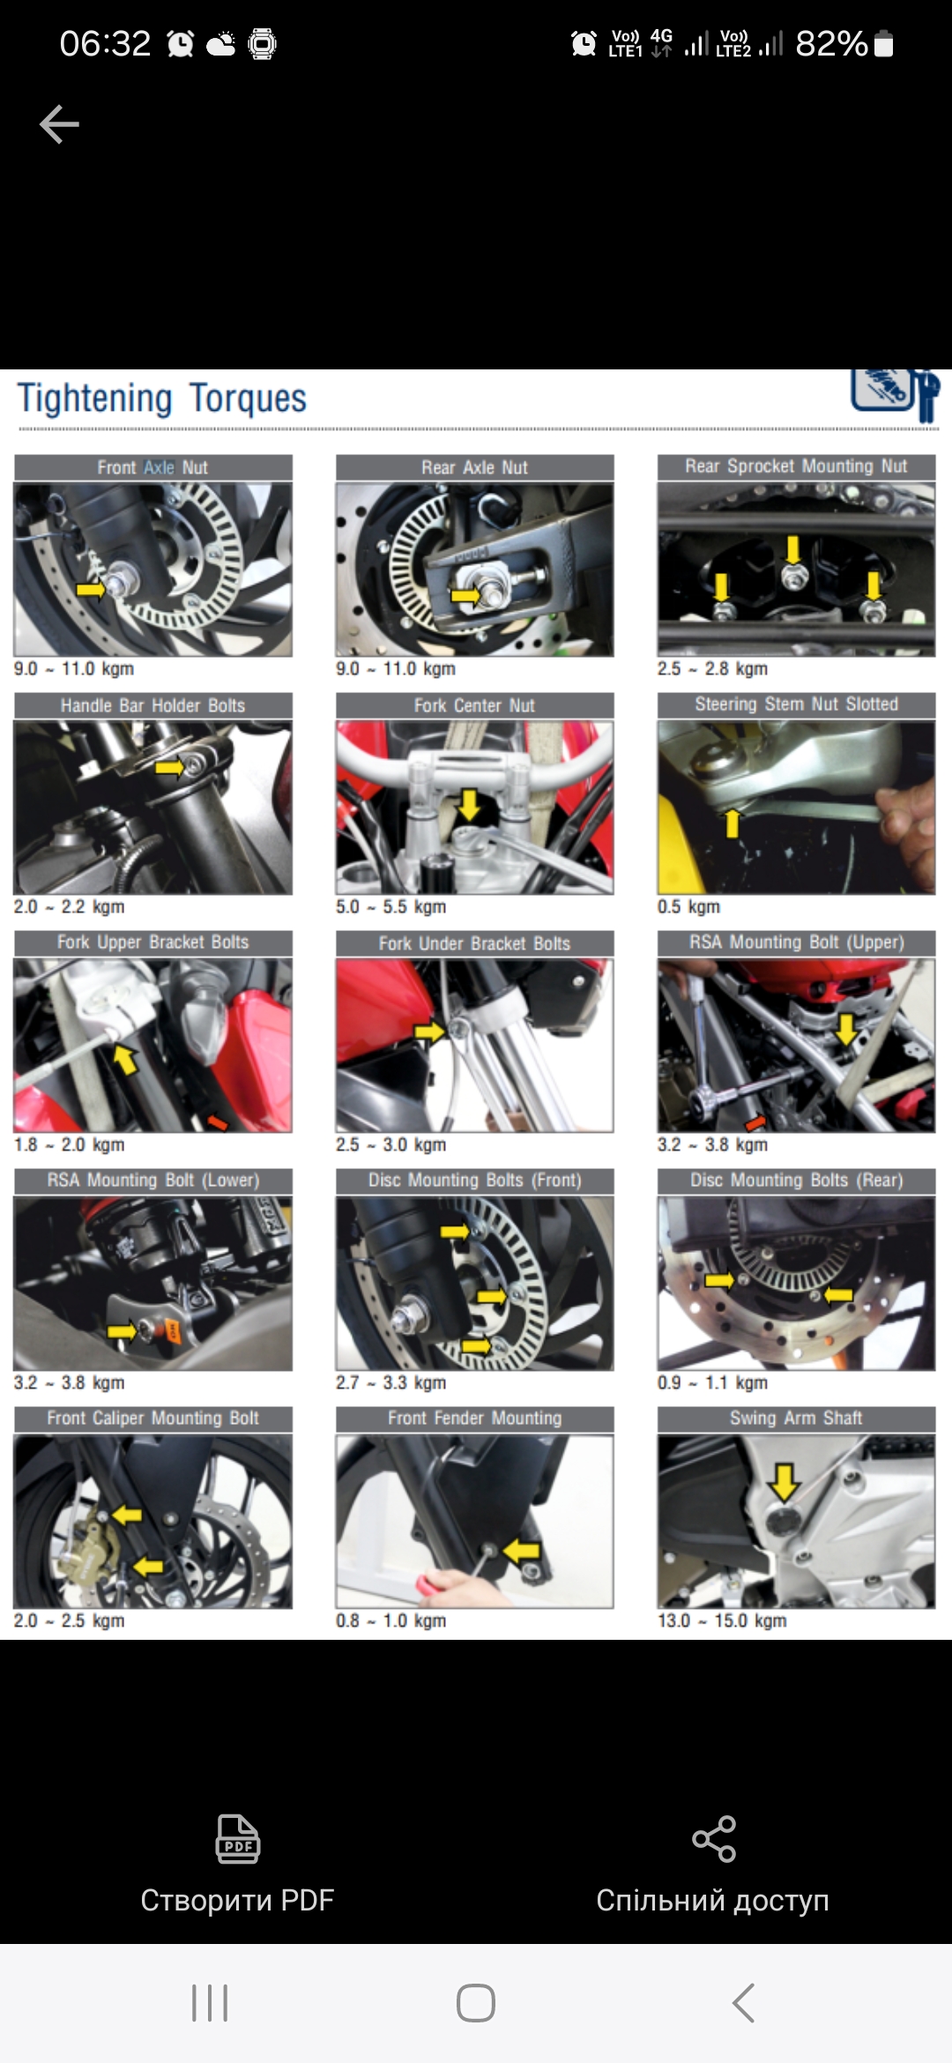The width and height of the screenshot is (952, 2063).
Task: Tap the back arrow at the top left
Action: pos(59,124)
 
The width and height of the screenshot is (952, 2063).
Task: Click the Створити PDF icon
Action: pos(238,1838)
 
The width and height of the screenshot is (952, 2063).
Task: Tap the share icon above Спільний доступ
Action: pos(714,1838)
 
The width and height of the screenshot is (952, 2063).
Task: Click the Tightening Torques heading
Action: pos(162,398)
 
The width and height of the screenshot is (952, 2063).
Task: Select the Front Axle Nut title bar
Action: pos(152,467)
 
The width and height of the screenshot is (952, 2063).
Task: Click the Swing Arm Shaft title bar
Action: pos(796,1418)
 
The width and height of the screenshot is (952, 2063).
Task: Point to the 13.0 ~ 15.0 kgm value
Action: pos(722,1620)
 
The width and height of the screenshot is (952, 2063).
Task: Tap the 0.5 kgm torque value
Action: pos(688,906)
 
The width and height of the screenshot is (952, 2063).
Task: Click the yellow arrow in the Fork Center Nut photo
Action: pos(470,804)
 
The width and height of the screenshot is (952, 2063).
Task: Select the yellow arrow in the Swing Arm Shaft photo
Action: pos(784,1482)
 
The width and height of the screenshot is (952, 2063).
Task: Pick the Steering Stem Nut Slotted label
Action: pos(796,704)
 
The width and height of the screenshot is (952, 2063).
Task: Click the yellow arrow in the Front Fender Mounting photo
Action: pos(521,1550)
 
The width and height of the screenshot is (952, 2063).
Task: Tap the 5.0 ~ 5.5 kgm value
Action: pos(390,906)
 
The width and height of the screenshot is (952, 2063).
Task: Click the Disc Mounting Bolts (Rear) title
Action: pos(796,1180)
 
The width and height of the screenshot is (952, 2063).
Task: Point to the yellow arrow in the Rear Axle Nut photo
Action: pos(465,596)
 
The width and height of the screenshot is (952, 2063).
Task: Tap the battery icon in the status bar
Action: pos(883,43)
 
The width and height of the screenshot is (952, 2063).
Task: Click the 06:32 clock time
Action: pos(105,43)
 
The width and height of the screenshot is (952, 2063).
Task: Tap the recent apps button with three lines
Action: pos(210,2003)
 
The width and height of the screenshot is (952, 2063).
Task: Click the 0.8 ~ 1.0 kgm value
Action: pos(390,1620)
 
